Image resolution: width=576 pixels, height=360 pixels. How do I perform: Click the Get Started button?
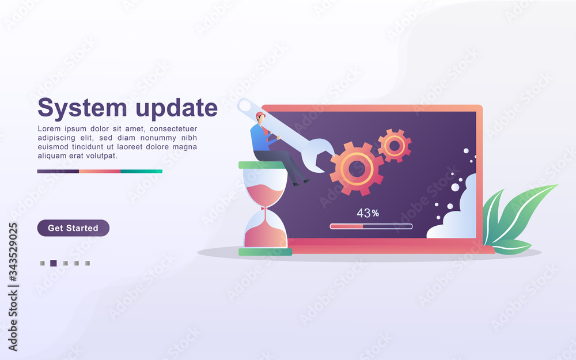(73, 228)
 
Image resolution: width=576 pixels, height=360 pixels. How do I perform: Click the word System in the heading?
(82, 108)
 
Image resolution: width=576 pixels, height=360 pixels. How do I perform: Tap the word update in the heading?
(177, 108)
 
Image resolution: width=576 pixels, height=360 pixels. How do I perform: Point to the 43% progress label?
(367, 213)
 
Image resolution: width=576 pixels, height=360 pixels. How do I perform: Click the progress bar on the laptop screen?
(371, 226)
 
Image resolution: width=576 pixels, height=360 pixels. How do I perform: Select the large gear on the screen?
(357, 169)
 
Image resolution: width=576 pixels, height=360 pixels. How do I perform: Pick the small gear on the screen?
(395, 146)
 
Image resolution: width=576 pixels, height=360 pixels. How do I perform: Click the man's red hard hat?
(260, 115)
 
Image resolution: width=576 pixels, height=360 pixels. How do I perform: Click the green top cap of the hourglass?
(262, 165)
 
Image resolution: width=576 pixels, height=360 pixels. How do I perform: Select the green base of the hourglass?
(265, 252)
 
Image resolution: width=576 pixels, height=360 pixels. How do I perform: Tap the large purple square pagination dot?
(53, 263)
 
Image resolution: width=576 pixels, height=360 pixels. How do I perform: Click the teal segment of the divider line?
(142, 171)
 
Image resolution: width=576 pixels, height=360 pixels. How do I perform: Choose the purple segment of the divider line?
(58, 171)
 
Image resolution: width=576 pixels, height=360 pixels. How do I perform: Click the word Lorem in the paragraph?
(49, 129)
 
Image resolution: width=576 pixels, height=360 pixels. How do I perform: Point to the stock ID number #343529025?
(13, 253)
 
